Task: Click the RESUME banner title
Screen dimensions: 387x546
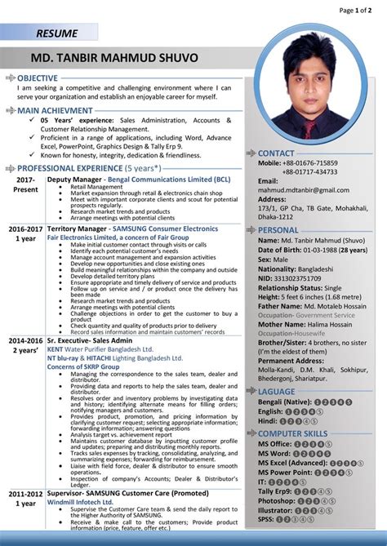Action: coord(56,33)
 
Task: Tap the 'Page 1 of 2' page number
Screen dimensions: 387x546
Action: coord(360,10)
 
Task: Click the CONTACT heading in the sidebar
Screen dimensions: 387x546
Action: coord(276,153)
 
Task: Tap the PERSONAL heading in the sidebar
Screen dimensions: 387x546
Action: coord(278,230)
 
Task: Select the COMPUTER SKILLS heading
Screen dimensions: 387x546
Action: coord(293,433)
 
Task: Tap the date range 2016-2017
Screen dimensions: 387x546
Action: coord(25,229)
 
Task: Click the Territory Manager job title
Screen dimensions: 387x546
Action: coord(78,229)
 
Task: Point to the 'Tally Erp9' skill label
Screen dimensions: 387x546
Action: coord(275,493)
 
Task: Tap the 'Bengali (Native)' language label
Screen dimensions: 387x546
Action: coord(285,402)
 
